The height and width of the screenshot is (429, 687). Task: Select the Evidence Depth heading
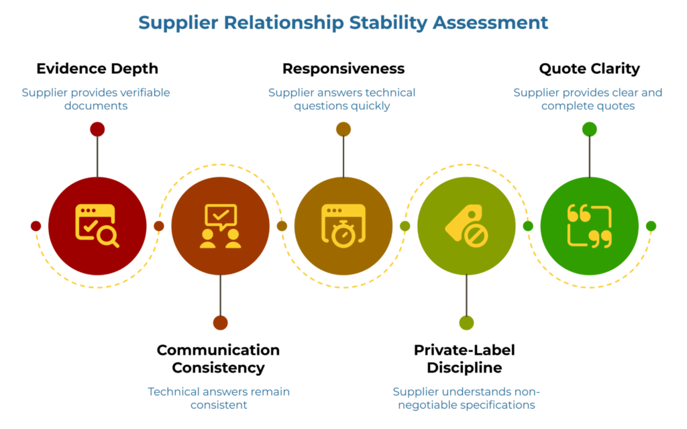[97, 68]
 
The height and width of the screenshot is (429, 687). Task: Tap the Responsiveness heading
[343, 68]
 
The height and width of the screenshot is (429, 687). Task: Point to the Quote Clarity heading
[589, 68]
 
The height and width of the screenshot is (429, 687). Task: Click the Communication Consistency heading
[218, 359]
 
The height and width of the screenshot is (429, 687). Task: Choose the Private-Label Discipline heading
[464, 359]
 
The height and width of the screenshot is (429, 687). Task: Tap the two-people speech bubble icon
[220, 226]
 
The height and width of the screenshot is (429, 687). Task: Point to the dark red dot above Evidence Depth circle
[97, 129]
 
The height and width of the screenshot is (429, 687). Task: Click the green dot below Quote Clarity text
[589, 129]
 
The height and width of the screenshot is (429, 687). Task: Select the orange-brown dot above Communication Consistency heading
[220, 323]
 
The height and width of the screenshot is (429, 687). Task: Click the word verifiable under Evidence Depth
[141, 93]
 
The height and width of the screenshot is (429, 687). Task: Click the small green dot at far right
[651, 226]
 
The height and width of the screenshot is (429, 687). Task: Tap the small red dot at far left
[36, 226]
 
